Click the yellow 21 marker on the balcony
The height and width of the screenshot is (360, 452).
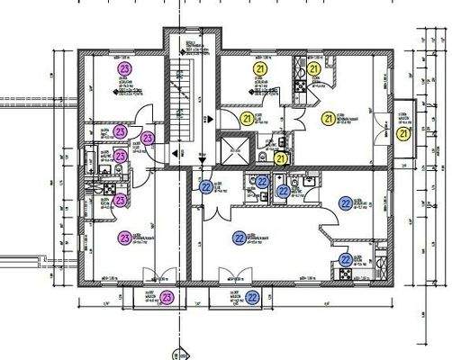[x=403, y=134]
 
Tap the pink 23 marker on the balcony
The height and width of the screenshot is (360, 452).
[x=167, y=297]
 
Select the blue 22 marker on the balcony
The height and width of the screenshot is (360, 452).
[x=253, y=297]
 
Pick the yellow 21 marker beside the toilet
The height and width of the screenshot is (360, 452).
[x=280, y=158]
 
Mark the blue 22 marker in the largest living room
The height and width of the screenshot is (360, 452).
[x=239, y=238]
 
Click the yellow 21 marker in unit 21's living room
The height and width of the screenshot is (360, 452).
[x=328, y=117]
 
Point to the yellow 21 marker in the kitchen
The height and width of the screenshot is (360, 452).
[x=314, y=68]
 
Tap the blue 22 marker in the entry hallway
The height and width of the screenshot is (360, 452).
[x=205, y=187]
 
